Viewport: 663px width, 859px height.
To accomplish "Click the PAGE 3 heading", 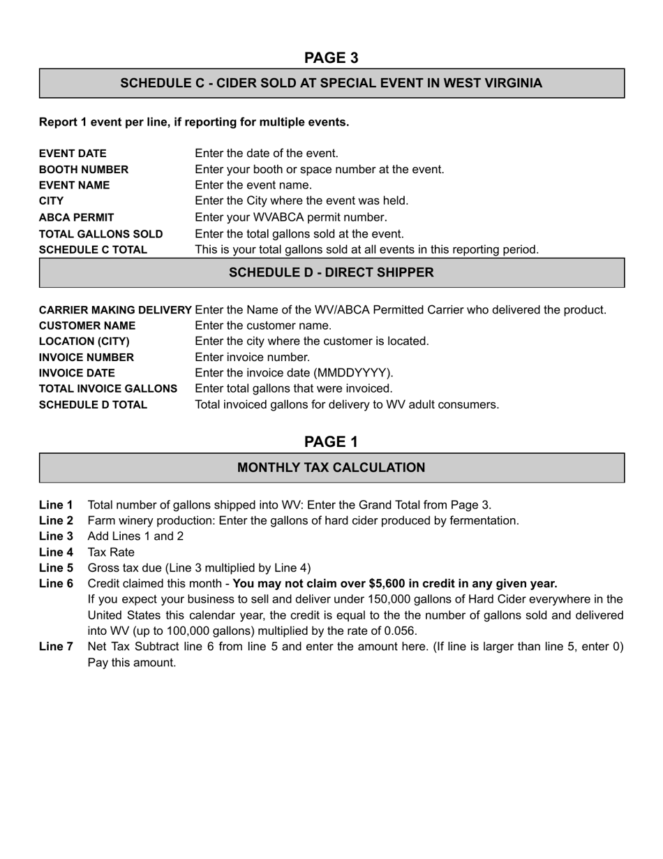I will click(331, 57).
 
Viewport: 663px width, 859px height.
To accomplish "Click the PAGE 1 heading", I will click(331, 442).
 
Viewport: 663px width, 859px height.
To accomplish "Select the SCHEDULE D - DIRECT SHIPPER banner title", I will click(331, 272).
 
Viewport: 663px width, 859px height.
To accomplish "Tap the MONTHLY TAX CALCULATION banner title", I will click(331, 468).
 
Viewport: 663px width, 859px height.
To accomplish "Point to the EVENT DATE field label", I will click(73, 154).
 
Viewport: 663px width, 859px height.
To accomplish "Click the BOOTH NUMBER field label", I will click(84, 170).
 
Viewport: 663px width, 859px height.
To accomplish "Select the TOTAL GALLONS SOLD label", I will click(100, 234).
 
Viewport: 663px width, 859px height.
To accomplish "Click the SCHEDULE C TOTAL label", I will click(93, 249).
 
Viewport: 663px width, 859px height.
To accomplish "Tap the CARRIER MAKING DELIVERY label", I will click(115, 310).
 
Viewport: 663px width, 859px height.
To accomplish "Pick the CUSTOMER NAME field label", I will click(87, 326).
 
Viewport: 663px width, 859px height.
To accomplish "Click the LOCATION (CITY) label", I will click(84, 342).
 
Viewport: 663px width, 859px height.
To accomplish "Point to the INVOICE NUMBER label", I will click(86, 358).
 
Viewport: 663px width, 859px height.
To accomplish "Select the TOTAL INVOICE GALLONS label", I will click(107, 388).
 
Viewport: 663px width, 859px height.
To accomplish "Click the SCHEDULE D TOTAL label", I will click(93, 405).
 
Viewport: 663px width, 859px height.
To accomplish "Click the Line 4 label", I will click(56, 552).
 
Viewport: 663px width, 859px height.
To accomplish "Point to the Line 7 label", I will click(56, 647).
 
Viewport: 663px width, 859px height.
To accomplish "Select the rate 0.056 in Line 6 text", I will click(399, 631).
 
